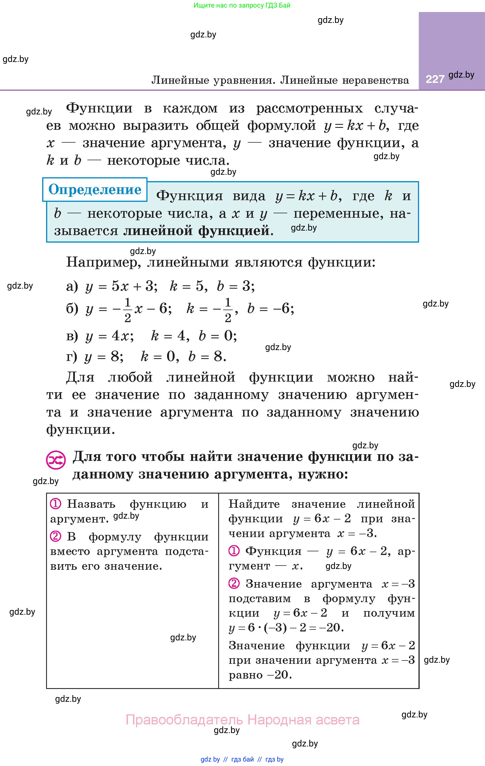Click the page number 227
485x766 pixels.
click(435, 79)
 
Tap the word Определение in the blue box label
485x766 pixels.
click(95, 190)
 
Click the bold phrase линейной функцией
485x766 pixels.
click(196, 230)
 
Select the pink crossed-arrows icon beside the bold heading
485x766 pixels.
click(56, 460)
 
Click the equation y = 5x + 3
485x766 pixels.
click(121, 286)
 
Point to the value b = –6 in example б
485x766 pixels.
click(270, 308)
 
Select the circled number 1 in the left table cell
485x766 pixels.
click(55, 504)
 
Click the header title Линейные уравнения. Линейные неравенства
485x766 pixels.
click(280, 80)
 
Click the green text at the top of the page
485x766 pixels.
click(242, 5)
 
